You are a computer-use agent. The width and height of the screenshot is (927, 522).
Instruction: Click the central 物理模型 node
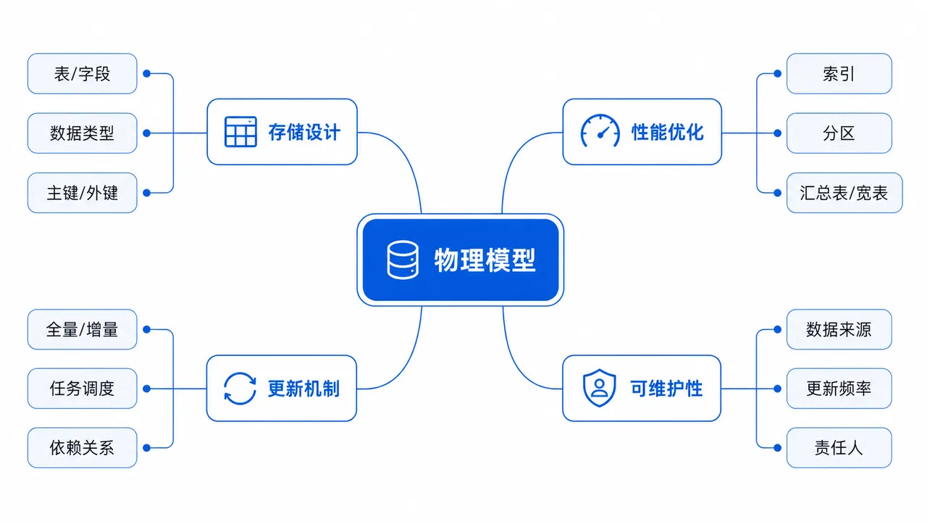460,260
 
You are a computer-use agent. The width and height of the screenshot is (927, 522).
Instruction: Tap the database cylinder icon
402,260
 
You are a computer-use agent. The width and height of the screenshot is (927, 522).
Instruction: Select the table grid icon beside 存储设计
240,132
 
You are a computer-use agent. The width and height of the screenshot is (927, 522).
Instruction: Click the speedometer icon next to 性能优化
600,131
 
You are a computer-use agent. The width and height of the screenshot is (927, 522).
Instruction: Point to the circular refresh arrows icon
240,388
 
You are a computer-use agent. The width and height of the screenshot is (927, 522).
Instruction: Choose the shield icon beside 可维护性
599,388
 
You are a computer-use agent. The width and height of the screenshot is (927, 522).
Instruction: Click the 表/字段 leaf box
83,74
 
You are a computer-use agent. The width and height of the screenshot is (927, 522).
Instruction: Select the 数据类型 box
83,133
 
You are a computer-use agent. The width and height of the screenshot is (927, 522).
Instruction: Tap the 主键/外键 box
83,193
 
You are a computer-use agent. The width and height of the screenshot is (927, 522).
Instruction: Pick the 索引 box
839,74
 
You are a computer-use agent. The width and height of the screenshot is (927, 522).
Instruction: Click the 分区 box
839,133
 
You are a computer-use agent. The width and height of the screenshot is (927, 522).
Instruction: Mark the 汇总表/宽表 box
844,193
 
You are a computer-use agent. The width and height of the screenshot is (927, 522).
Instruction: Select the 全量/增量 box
83,329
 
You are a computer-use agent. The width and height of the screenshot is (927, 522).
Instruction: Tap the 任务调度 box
83,389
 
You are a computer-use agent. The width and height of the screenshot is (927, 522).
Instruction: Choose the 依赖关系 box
83,448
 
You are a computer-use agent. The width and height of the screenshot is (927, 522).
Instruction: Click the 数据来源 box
839,329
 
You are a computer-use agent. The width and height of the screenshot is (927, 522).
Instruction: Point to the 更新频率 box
839,389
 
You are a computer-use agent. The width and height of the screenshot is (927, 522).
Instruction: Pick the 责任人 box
839,448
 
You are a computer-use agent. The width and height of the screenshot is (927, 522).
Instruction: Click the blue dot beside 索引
778,74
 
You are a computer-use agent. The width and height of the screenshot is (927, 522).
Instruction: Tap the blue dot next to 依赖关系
146,448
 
